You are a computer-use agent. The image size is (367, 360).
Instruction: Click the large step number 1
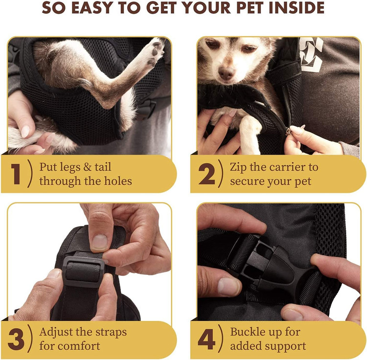coord(16,174)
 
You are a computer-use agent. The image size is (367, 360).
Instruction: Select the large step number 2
coord(206,174)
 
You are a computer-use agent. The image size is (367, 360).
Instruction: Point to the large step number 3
coord(16,338)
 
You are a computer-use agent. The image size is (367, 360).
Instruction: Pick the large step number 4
coord(206,338)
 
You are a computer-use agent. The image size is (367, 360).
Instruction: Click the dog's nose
coord(227,72)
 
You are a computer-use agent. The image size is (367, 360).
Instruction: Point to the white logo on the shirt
coord(311,54)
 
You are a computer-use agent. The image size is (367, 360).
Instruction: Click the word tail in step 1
coord(103,167)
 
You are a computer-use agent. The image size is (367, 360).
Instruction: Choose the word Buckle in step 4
coord(248,332)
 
